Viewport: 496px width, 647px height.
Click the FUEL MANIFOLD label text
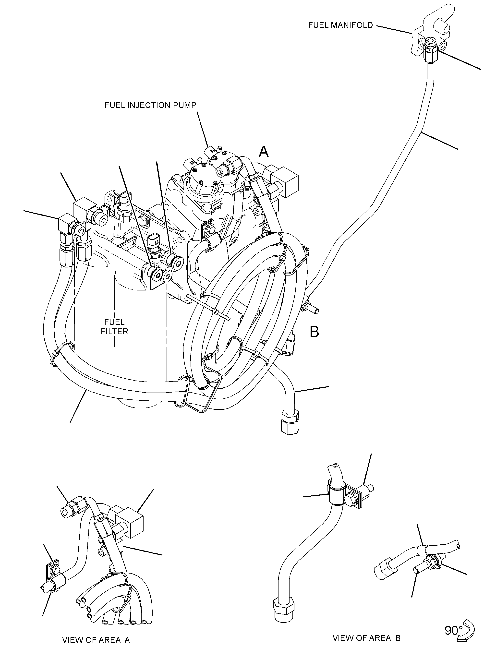pos(340,25)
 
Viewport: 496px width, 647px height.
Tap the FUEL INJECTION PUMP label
pos(150,105)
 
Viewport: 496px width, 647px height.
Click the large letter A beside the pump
pos(264,152)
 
